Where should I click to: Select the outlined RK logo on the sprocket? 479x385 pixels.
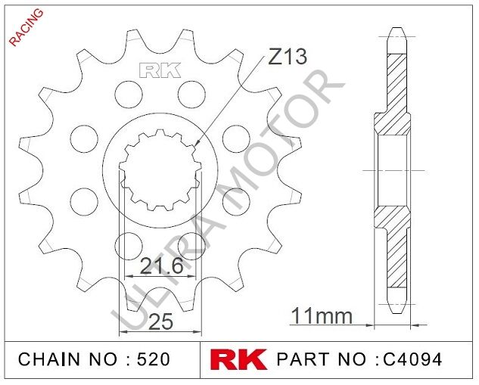(160, 71)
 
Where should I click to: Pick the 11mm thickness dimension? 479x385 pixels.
(322, 315)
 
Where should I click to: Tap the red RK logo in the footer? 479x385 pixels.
(238, 359)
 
